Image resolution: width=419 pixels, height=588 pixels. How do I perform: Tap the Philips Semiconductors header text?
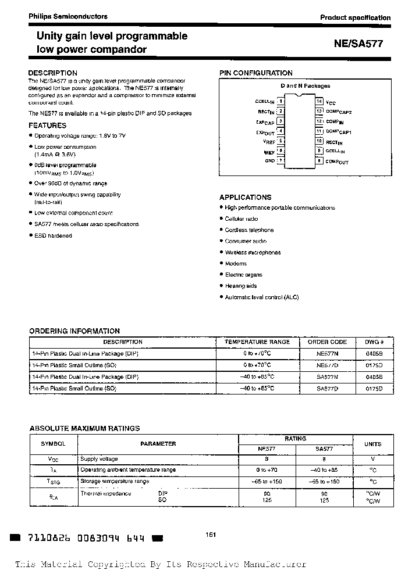(x=68, y=17)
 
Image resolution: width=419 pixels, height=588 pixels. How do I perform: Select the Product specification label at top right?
(x=355, y=17)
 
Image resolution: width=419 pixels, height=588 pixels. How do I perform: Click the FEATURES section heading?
(x=48, y=126)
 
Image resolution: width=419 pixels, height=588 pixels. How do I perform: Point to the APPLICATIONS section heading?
(x=246, y=198)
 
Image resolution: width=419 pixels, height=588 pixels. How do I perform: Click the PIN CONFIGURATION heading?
(x=255, y=73)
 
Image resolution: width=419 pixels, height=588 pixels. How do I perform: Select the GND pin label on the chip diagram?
(x=269, y=161)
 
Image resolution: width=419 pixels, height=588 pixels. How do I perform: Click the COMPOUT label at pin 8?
(x=337, y=162)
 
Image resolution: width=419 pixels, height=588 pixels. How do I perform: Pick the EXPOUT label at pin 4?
(x=265, y=132)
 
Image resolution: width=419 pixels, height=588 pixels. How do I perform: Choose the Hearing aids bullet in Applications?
(x=240, y=286)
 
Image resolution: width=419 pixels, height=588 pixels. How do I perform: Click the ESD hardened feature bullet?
(x=53, y=235)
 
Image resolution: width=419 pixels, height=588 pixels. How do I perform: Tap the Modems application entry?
(x=236, y=264)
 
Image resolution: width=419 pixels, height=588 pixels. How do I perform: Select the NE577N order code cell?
(x=327, y=354)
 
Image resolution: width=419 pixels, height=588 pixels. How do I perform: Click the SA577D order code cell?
(x=327, y=388)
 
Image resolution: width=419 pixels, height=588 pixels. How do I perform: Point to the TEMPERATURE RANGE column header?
(x=257, y=342)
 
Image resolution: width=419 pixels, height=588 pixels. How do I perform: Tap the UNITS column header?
(x=372, y=444)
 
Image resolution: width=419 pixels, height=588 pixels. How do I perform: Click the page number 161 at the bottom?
(x=211, y=535)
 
